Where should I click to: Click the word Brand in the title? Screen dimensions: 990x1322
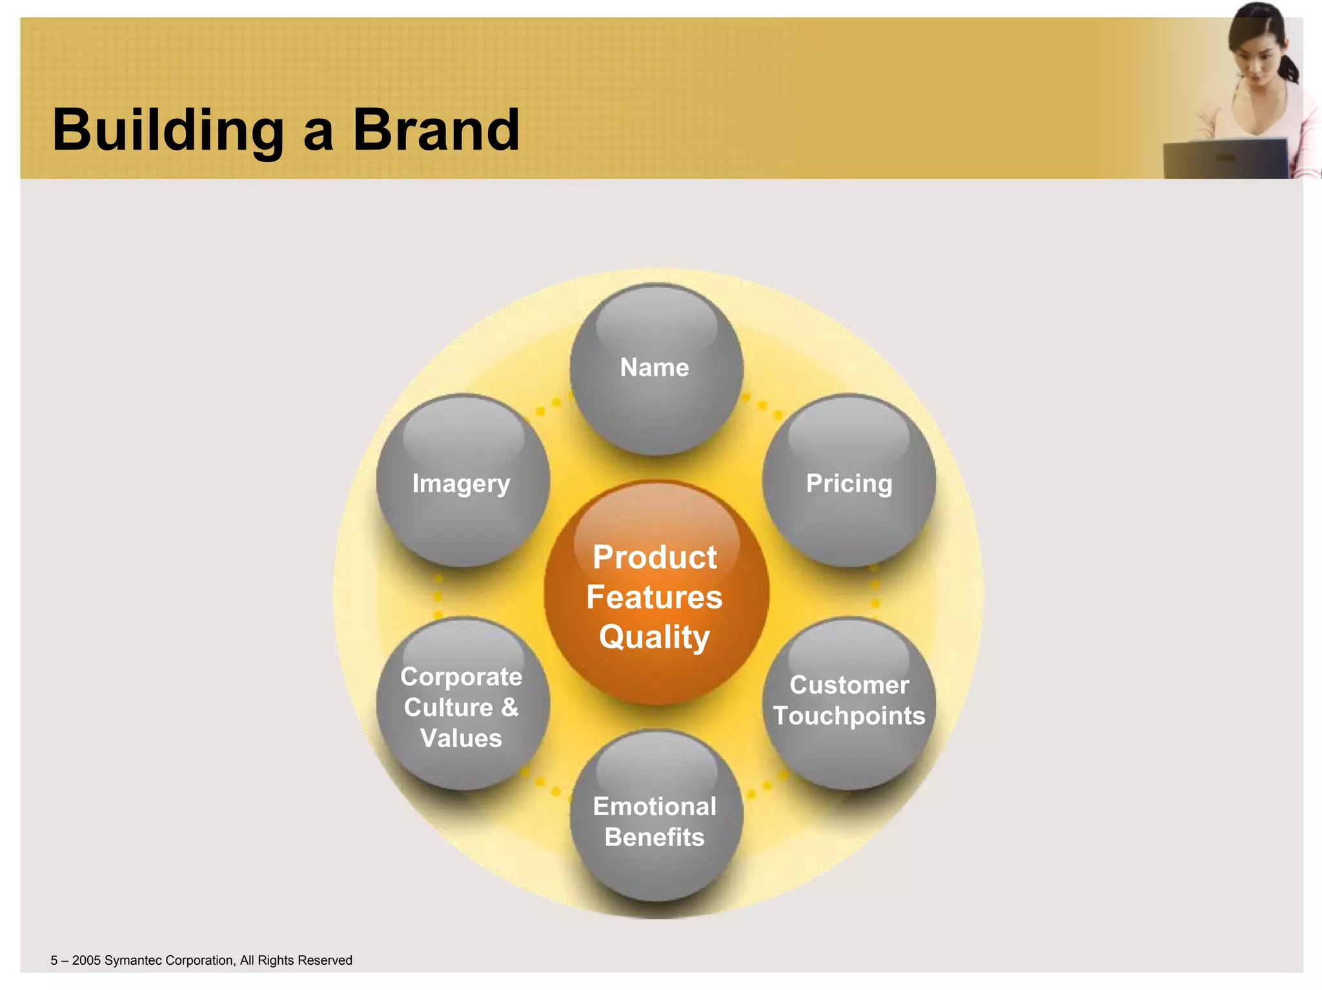tap(436, 130)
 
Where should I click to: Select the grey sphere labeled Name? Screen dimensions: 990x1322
tap(656, 370)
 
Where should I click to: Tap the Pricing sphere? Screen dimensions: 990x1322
tap(849, 483)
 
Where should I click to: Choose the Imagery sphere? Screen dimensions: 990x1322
tap(462, 483)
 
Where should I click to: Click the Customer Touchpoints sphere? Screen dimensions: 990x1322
tap(849, 702)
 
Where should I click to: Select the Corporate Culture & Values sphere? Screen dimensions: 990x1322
tap(462, 705)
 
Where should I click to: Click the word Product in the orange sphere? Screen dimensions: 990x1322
tap(655, 558)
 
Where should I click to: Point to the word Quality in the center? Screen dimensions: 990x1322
tap(655, 638)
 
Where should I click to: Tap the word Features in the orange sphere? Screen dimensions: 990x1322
tap(655, 597)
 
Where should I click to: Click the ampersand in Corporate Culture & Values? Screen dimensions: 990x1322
tap(510, 707)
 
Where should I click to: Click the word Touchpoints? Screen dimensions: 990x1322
tap(849, 716)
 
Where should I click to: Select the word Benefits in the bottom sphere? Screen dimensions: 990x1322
tap(655, 837)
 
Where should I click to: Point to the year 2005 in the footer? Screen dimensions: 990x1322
tap(86, 960)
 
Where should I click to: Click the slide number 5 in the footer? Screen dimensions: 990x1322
tap(54, 960)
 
